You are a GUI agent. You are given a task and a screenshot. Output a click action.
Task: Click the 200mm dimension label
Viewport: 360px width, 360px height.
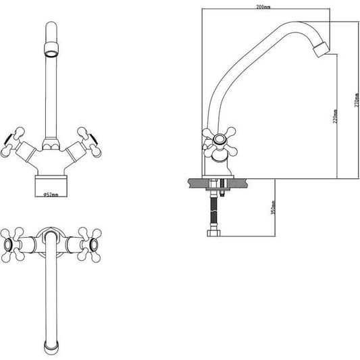(x=263, y=7)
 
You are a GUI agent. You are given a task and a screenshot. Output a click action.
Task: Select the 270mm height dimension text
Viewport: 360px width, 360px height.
(x=357, y=100)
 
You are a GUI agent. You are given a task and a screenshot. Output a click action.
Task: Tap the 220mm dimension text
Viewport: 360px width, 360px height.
(x=335, y=116)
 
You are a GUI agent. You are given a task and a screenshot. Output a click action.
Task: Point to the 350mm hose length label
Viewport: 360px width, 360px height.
(x=273, y=207)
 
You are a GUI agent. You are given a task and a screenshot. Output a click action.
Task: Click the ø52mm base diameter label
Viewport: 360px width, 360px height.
(x=51, y=195)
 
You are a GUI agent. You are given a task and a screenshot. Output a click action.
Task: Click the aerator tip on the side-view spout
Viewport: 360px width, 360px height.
(x=322, y=49)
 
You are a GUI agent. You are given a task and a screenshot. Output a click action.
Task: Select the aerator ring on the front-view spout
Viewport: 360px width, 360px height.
(x=51, y=49)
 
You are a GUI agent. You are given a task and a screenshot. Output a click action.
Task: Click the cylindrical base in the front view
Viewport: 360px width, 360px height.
(x=51, y=186)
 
